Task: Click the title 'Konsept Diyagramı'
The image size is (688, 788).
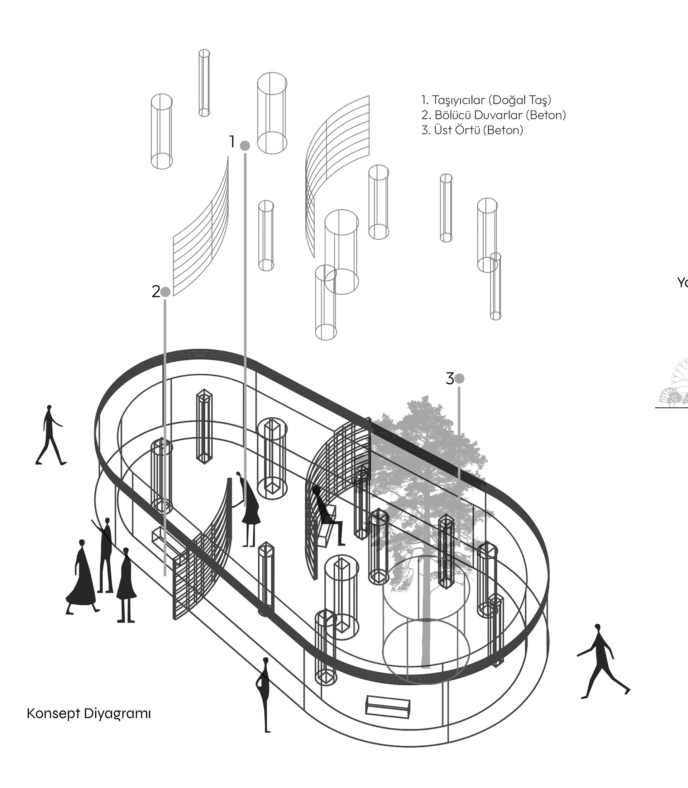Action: pos(89,713)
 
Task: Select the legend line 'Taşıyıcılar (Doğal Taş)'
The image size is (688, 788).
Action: pos(486,100)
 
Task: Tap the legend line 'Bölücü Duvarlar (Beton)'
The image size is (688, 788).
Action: pos(494,115)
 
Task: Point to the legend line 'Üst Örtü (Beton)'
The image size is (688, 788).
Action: pos(472,130)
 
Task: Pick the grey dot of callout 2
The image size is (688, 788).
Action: pos(165,292)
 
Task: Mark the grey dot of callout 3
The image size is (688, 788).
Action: pos(459,379)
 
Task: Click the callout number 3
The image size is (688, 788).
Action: pos(450,379)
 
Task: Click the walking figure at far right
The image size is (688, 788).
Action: pos(602,662)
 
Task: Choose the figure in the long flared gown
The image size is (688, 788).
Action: pos(81,577)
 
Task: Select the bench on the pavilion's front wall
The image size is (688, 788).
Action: pos(388,707)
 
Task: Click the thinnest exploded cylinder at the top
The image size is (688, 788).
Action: pos(204,83)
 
